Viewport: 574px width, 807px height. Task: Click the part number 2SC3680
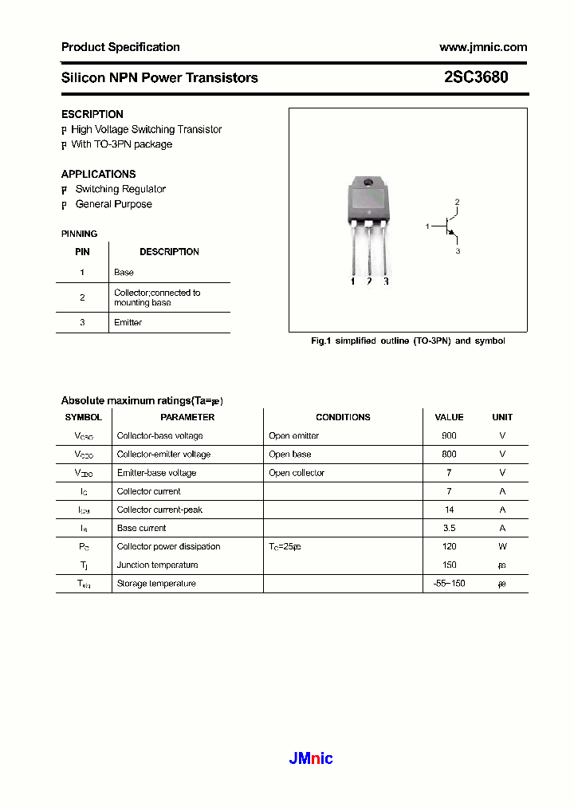[476, 77]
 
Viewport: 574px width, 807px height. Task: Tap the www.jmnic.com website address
[483, 47]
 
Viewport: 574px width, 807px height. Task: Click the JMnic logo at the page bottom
[310, 758]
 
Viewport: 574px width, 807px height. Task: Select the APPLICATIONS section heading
[98, 174]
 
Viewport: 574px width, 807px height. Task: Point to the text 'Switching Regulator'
[120, 189]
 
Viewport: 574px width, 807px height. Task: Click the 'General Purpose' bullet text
[113, 204]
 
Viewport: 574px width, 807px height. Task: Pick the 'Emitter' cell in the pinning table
[128, 322]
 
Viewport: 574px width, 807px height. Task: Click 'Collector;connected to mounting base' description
[157, 297]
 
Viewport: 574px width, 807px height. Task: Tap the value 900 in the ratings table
[449, 435]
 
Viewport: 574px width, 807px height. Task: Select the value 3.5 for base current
[449, 528]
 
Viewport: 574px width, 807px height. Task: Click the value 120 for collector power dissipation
[449, 546]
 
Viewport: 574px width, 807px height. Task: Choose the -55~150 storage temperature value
[448, 584]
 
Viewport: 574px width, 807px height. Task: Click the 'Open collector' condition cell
[297, 473]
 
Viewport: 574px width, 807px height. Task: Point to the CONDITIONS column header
[343, 417]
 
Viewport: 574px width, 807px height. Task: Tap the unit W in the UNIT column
[502, 546]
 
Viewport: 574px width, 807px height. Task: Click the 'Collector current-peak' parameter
[159, 510]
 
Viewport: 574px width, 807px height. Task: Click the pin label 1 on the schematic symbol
[427, 226]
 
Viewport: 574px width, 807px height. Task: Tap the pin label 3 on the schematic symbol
[458, 251]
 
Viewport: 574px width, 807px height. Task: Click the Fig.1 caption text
[407, 341]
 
